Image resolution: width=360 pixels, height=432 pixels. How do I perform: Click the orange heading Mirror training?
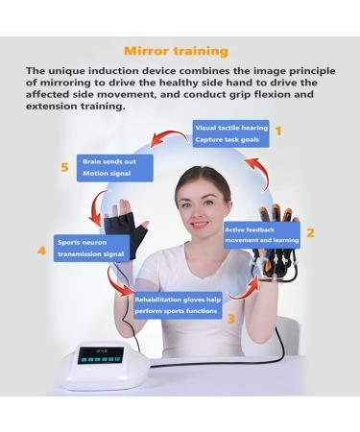coord(179,47)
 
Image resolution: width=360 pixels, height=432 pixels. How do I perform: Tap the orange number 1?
coord(278,130)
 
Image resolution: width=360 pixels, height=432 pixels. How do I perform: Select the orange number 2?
coord(311,231)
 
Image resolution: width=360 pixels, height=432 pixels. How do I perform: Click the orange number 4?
coord(40,252)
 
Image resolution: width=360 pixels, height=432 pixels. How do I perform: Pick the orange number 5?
coord(64,167)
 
